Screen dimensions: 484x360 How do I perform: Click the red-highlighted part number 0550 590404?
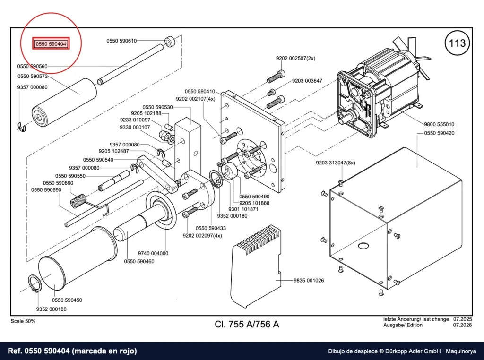click(51, 44)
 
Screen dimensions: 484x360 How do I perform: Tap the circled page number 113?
click(457, 43)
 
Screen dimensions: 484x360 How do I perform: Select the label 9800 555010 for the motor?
click(439, 124)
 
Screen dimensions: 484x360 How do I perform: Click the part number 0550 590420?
click(439, 133)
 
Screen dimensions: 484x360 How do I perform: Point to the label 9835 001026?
click(309, 281)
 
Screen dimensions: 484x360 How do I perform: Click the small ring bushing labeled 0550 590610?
click(170, 42)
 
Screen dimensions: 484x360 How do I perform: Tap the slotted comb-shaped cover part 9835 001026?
click(256, 266)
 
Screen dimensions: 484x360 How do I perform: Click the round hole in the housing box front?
click(363, 246)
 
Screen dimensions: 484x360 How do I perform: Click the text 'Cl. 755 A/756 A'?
click(247, 324)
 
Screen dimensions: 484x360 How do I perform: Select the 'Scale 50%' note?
click(23, 321)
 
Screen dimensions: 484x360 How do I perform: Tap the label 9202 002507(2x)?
click(295, 58)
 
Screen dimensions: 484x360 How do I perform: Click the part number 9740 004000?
click(153, 253)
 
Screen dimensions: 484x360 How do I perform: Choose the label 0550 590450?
click(67, 300)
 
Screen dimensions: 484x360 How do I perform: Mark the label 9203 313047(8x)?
click(336, 163)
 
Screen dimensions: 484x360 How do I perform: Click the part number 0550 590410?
click(200, 92)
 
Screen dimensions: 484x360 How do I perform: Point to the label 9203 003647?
click(307, 81)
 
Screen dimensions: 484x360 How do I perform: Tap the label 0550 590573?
click(33, 76)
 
